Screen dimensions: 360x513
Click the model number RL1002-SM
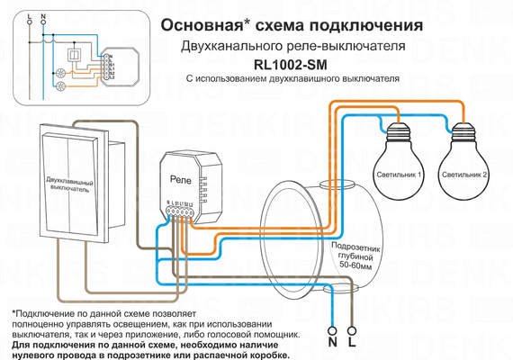coord(291,63)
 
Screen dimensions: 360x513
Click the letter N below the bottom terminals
coord(332,344)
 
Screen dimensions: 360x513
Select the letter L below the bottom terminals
coord(352,344)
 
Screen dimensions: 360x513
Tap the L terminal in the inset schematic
coord(29,18)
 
